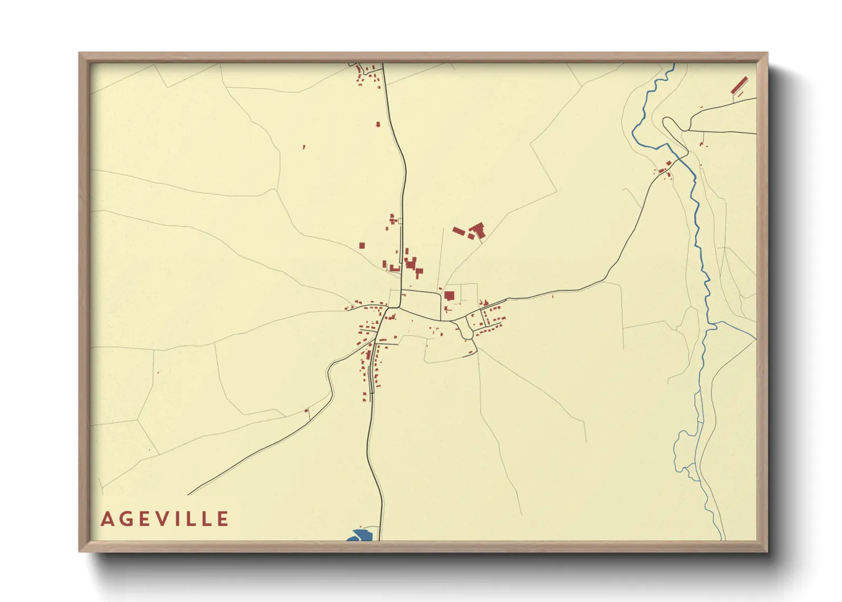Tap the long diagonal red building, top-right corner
click(x=738, y=85)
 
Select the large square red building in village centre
click(x=449, y=295)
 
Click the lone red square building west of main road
click(x=362, y=246)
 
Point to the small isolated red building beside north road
click(x=378, y=123)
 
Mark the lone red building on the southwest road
click(x=306, y=410)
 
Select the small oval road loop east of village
click(x=465, y=329)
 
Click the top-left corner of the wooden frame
click(x=80, y=53)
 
